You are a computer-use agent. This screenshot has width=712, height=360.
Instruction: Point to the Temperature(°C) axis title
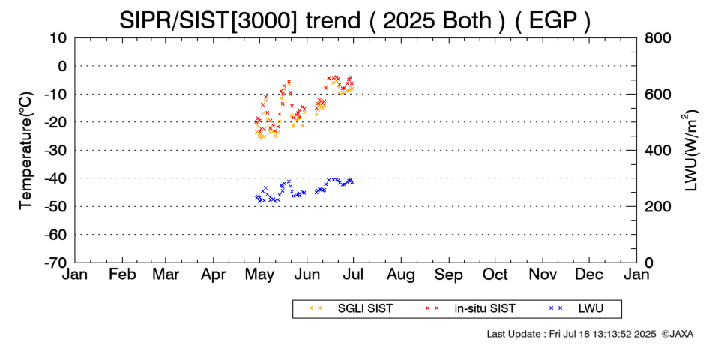click(25, 150)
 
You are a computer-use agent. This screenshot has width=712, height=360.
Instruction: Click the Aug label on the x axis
click(401, 274)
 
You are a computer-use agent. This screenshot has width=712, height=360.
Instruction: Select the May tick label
click(259, 274)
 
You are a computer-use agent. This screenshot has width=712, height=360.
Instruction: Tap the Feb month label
click(122, 274)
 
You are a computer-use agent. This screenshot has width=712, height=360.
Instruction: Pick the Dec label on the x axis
click(590, 274)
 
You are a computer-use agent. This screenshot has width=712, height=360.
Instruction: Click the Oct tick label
click(495, 274)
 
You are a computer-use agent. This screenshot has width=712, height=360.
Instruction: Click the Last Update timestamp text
click(571, 334)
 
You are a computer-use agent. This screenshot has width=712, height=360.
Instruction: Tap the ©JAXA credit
click(678, 334)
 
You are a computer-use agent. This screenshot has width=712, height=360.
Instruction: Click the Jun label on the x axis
click(307, 274)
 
